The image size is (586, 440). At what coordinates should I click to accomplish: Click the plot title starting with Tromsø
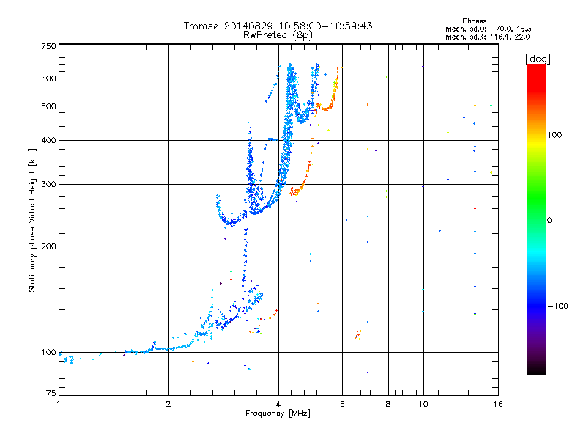pos(278,26)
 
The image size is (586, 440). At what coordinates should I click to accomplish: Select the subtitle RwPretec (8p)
pos(278,34)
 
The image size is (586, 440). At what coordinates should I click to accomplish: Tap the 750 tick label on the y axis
pos(48,46)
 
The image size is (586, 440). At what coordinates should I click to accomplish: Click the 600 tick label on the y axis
pos(48,78)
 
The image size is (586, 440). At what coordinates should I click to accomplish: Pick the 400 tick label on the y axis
pos(48,141)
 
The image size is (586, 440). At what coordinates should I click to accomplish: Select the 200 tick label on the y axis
pos(48,246)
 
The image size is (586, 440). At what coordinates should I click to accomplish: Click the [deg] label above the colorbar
pos(539,58)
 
